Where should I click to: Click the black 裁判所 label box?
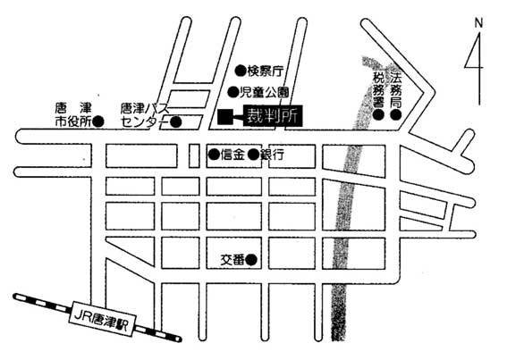274,116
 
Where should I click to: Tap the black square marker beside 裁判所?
225,117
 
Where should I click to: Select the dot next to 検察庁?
241,71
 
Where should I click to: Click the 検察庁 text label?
266,71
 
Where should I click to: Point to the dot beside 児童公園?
232,92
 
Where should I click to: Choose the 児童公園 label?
264,93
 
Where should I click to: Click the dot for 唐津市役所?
98,121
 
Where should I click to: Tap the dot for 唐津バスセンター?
176,121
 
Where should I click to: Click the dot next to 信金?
214,155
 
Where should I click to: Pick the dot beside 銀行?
254,155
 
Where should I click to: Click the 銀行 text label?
272,155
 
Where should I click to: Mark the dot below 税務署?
378,114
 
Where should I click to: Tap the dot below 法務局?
396,114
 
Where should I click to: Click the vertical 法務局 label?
396,90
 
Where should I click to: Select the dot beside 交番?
251,259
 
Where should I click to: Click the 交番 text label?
232,260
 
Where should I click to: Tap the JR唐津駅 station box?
103,319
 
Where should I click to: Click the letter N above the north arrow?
478,23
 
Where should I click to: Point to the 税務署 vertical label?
378,90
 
